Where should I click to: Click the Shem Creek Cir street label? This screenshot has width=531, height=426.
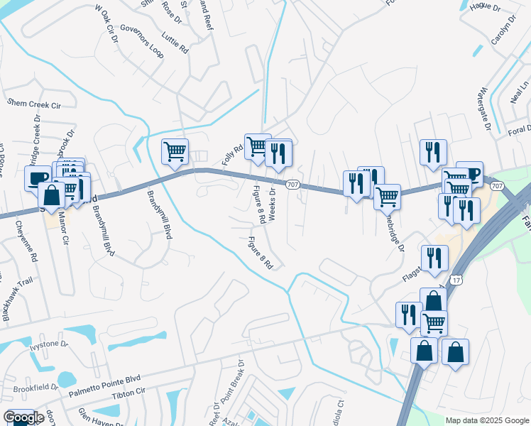click(x=33, y=103)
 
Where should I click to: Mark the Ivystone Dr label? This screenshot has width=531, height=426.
click(x=48, y=344)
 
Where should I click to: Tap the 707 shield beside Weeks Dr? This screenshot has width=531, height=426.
click(x=292, y=185)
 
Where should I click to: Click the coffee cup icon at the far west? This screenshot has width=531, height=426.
click(x=38, y=177)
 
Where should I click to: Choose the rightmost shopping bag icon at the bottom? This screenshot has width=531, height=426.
click(x=455, y=351)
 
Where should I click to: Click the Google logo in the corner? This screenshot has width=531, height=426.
click(x=23, y=417)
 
